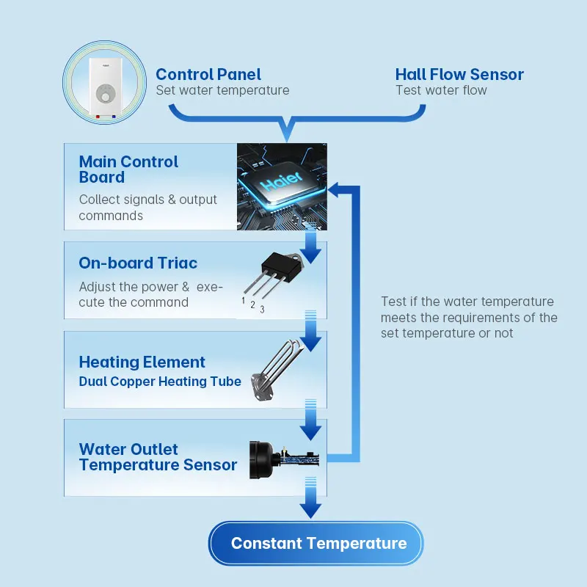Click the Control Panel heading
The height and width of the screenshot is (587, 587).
(x=208, y=74)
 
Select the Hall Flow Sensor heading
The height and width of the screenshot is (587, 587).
(x=459, y=74)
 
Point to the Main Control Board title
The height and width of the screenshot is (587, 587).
(x=128, y=169)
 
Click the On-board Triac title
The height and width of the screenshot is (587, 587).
(x=138, y=263)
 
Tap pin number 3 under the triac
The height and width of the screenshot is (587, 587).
(x=262, y=310)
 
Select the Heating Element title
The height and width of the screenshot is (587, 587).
(x=142, y=362)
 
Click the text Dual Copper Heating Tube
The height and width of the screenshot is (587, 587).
(x=160, y=382)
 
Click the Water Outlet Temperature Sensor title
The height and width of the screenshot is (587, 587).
(x=158, y=457)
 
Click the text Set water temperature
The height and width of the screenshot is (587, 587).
(x=222, y=91)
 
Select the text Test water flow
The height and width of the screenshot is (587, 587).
(x=441, y=91)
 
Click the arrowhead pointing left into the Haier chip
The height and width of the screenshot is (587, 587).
(x=336, y=190)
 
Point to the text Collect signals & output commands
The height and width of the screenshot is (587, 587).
(x=147, y=208)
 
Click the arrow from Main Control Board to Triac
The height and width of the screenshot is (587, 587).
(x=311, y=249)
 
